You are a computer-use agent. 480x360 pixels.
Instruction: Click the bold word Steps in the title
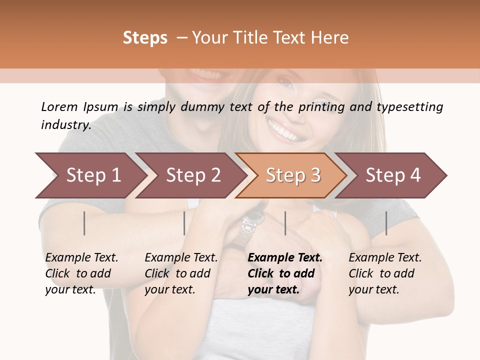pyautogui.click(x=145, y=37)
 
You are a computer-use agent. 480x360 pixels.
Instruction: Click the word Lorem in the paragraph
pyautogui.click(x=59, y=106)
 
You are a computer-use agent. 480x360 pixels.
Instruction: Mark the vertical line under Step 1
pyautogui.click(x=84, y=223)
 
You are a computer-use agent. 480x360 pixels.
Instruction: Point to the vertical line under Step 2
pyautogui.click(x=184, y=223)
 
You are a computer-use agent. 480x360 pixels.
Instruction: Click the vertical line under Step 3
pyautogui.click(x=285, y=223)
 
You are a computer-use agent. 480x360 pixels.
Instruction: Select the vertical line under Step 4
pyautogui.click(x=386, y=223)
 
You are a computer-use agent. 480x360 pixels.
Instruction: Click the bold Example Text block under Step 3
pyautogui.click(x=285, y=273)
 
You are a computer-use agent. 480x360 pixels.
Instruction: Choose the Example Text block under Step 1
pyautogui.click(x=81, y=273)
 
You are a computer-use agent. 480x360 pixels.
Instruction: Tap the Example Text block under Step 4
pyautogui.click(x=385, y=273)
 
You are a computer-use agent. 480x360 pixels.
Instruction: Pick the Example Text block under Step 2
pyautogui.click(x=181, y=273)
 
